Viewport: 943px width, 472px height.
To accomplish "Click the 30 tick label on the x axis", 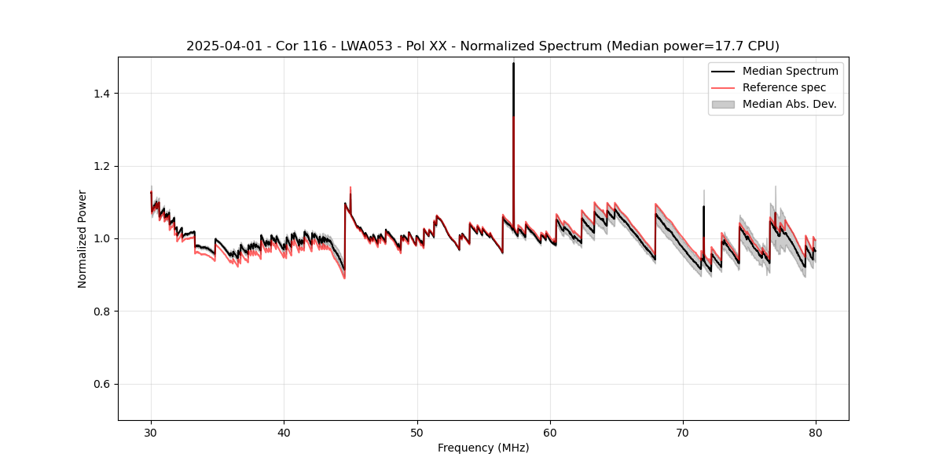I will (x=152, y=432).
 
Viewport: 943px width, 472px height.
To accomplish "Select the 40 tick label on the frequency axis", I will (x=284, y=432).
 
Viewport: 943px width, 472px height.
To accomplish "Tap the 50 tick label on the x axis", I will (x=417, y=432).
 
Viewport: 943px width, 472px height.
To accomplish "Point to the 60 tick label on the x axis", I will (x=550, y=432).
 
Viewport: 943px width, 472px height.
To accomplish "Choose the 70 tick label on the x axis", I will (x=683, y=432).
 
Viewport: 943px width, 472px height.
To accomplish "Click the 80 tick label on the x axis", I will (x=816, y=432).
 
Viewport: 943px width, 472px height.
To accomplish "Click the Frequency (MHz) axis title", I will (x=483, y=448).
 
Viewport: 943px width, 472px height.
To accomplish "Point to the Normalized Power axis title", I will (x=83, y=238).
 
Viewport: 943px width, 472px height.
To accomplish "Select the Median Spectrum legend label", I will (x=790, y=71).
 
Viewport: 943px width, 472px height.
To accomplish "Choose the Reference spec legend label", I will (x=784, y=87).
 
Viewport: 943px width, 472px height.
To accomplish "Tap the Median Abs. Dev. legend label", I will (x=789, y=104).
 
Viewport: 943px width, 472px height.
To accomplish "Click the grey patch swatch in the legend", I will (x=723, y=104).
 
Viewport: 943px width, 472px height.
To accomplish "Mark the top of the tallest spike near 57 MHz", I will (x=513, y=63).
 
